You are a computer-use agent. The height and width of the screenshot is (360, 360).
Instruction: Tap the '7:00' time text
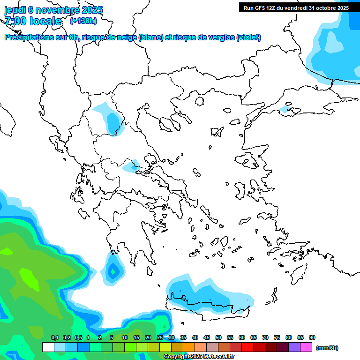(x=15, y=21)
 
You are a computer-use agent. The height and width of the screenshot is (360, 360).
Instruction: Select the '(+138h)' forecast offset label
(x=83, y=21)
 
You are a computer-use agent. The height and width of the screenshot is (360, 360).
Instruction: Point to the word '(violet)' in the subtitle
(x=249, y=37)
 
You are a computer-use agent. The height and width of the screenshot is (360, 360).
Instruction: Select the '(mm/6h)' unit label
(x=327, y=348)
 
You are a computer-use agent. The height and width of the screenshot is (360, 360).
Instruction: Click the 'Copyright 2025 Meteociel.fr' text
(x=199, y=357)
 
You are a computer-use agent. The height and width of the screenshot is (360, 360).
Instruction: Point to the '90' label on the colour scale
(x=312, y=337)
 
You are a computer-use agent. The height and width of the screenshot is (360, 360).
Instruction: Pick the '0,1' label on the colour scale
(x=54, y=337)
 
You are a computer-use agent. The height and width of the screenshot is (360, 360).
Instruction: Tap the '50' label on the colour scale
(x=218, y=337)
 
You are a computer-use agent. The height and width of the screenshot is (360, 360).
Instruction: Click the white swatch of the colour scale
(x=48, y=347)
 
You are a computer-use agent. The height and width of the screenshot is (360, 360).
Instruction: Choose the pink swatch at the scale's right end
(x=306, y=347)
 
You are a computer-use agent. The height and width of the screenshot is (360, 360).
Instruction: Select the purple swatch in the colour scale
(x=294, y=347)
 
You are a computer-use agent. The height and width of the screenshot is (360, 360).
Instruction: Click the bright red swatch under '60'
(x=247, y=347)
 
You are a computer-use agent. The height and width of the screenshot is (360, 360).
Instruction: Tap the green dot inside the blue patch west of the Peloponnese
(x=112, y=270)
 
